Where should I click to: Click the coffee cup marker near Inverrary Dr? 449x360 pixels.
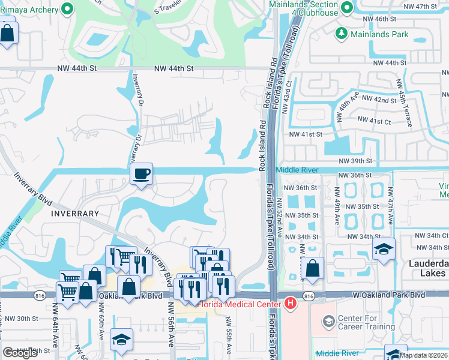pyautogui.click(x=142, y=174)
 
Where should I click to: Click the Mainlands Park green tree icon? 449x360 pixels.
pyautogui.click(x=342, y=34)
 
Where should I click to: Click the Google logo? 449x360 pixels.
pyautogui.click(x=20, y=353)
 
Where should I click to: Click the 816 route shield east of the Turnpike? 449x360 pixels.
pyautogui.click(x=309, y=296)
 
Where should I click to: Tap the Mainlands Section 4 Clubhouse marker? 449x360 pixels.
pyautogui.click(x=346, y=8)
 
